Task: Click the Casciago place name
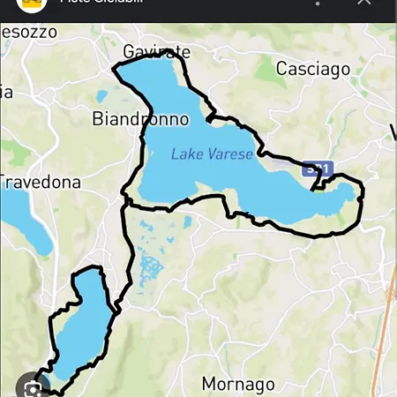tap(312, 69)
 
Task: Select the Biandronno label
tap(140, 118)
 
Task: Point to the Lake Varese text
tap(212, 154)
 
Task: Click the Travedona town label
tap(40, 183)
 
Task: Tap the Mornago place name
tap(238, 384)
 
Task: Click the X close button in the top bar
tap(363, 4)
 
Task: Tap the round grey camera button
tap(32, 386)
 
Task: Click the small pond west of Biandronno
tap(101, 95)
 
